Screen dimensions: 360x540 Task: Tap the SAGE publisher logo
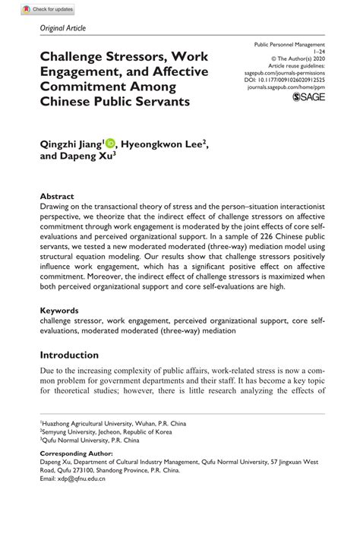point(308,99)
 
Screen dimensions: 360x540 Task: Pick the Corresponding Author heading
point(75,453)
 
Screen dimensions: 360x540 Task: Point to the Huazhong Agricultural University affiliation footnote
point(113,423)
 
